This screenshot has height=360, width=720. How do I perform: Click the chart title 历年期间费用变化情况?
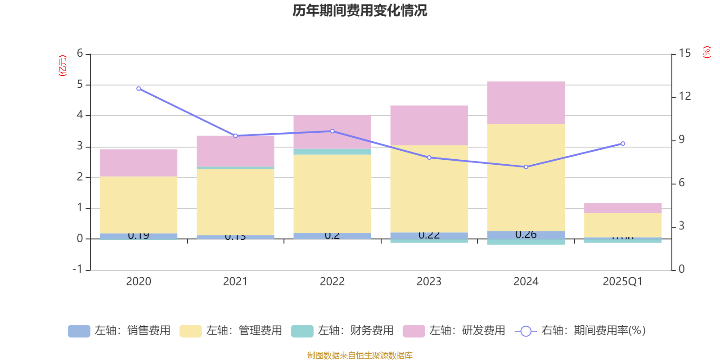(360, 10)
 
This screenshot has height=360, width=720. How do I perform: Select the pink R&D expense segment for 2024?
(526, 103)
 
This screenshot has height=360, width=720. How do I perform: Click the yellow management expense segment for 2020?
(138, 205)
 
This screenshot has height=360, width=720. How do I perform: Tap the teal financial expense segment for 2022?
(332, 152)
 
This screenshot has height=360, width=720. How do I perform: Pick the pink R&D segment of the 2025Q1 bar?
(623, 208)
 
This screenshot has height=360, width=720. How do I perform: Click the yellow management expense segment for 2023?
(429, 189)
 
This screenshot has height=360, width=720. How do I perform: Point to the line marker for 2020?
(138, 89)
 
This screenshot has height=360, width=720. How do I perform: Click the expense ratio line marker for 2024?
(526, 167)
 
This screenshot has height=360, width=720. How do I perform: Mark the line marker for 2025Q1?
(623, 144)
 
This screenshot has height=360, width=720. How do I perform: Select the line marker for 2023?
(429, 157)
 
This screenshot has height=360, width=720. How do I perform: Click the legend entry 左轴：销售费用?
(119, 331)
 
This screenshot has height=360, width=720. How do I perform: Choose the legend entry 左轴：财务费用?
(342, 331)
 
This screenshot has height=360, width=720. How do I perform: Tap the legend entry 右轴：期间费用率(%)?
(580, 331)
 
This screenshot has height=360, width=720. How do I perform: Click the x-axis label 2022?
(332, 282)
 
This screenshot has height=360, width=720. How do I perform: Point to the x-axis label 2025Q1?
(623, 282)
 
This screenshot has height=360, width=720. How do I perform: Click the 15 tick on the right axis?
(684, 54)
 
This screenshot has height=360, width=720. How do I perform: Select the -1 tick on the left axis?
(78, 269)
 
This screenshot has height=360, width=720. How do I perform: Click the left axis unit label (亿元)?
(63, 66)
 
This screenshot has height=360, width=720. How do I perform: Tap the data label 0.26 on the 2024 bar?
(526, 234)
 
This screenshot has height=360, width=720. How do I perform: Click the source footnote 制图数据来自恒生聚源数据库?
(360, 355)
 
